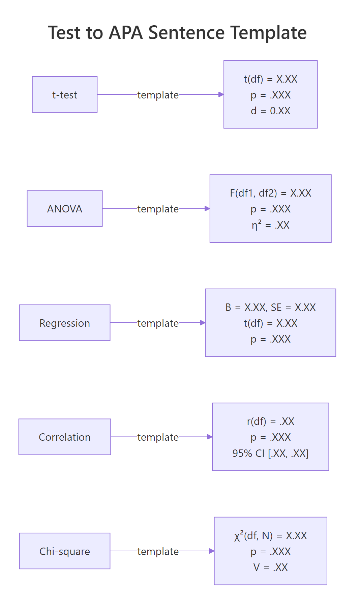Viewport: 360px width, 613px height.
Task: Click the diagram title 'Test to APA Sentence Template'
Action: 177,33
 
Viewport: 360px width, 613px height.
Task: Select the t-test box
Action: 65,95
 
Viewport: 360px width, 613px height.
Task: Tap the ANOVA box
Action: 65,209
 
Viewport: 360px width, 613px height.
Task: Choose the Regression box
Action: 65,323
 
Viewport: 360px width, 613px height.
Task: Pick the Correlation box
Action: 65,437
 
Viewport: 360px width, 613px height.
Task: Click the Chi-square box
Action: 65,551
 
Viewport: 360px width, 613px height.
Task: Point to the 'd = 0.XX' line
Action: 270,111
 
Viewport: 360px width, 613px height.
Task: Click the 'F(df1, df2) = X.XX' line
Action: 270,193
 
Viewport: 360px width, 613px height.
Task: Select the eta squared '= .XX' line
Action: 270,225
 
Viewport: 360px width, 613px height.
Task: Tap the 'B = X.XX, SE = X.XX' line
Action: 270,307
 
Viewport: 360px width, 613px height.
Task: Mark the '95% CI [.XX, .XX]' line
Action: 270,453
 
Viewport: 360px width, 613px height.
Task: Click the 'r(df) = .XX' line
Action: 270,421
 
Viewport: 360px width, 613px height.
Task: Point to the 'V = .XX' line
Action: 270,567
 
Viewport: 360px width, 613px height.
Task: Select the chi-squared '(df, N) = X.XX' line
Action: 270,536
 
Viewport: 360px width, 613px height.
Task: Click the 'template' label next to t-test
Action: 158,95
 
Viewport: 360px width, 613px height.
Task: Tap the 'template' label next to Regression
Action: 158,323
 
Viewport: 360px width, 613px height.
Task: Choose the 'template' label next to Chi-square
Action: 158,552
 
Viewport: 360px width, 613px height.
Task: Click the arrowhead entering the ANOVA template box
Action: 207,209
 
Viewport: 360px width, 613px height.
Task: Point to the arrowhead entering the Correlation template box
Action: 210,437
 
